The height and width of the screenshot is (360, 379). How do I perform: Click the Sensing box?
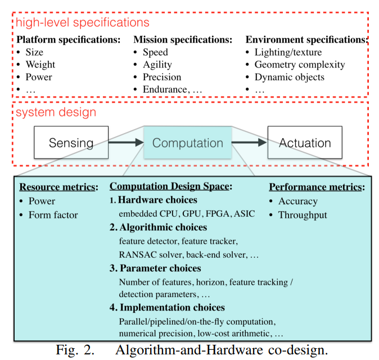click(71, 143)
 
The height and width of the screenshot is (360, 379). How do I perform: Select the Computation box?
click(188, 143)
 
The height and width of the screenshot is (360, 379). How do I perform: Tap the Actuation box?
click(304, 143)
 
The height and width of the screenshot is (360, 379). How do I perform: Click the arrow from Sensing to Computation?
click(126, 143)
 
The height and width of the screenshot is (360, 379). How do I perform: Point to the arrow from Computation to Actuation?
click(249, 143)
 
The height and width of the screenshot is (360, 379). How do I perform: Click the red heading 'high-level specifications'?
click(83, 22)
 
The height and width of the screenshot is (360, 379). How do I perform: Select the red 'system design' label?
click(56, 112)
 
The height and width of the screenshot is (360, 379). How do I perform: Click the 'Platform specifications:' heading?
click(69, 40)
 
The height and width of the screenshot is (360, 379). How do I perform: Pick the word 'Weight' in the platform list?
click(40, 65)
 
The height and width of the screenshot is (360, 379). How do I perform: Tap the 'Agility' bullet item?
click(157, 65)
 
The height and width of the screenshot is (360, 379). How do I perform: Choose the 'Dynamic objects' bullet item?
click(290, 77)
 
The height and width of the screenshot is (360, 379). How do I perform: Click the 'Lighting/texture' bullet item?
click(288, 52)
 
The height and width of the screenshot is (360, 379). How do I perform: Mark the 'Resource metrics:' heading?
click(59, 188)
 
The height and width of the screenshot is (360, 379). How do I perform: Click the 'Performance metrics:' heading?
click(317, 188)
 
